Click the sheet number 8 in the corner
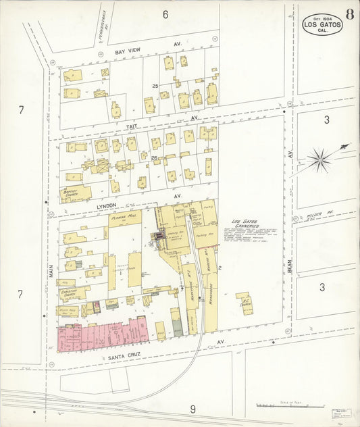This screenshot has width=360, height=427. [x=350, y=14]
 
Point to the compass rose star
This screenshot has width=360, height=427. [x=319, y=160]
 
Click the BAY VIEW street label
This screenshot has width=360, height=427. [x=128, y=52]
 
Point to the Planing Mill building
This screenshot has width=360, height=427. [x=124, y=217]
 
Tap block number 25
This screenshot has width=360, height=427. [x=155, y=86]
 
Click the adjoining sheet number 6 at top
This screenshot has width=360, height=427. [x=165, y=14]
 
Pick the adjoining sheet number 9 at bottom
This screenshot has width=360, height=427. [x=192, y=408]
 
